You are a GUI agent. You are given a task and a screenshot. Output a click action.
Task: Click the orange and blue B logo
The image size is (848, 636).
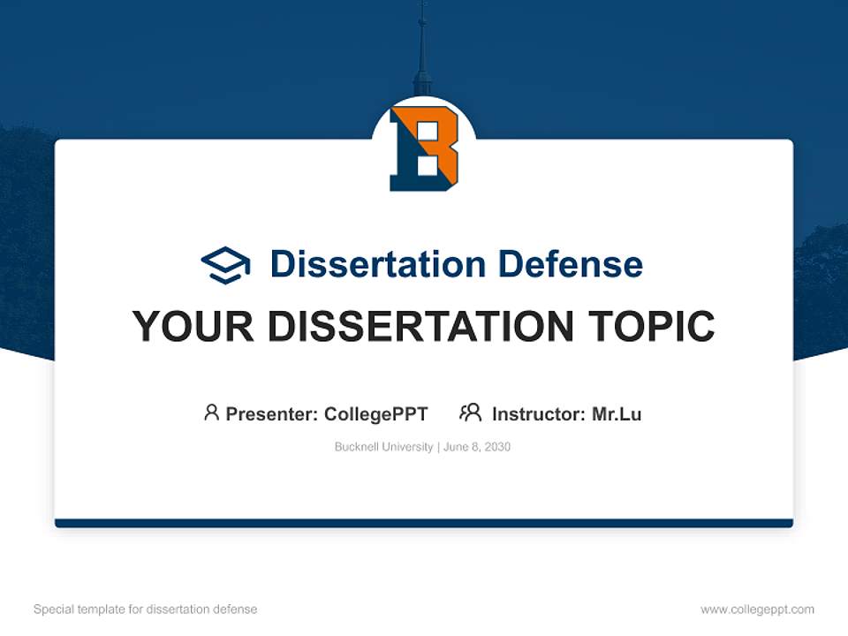pos(424,148)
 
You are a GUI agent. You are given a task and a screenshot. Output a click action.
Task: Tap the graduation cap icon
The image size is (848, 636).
pos(225,264)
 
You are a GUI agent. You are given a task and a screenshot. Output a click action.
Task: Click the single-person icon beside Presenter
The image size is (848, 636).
pos(211,413)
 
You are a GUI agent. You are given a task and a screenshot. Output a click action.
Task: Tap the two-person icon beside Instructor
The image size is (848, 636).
pos(470,413)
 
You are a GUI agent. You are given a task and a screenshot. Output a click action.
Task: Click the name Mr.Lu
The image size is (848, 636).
pos(617,413)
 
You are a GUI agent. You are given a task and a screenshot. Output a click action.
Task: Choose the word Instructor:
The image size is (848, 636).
pos(539,413)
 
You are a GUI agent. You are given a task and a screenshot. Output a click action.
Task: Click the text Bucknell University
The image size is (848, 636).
pos(383,447)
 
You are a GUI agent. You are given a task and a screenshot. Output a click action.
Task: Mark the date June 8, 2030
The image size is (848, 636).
pos(477,447)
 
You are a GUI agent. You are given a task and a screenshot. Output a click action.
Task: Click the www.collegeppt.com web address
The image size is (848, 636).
pos(757,609)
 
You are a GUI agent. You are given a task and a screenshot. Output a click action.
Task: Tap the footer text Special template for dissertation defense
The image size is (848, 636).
pos(145,609)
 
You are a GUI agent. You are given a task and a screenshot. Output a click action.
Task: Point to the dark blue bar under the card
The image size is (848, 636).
pos(424,523)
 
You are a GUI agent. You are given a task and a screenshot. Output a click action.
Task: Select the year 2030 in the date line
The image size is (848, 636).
pos(496,447)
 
